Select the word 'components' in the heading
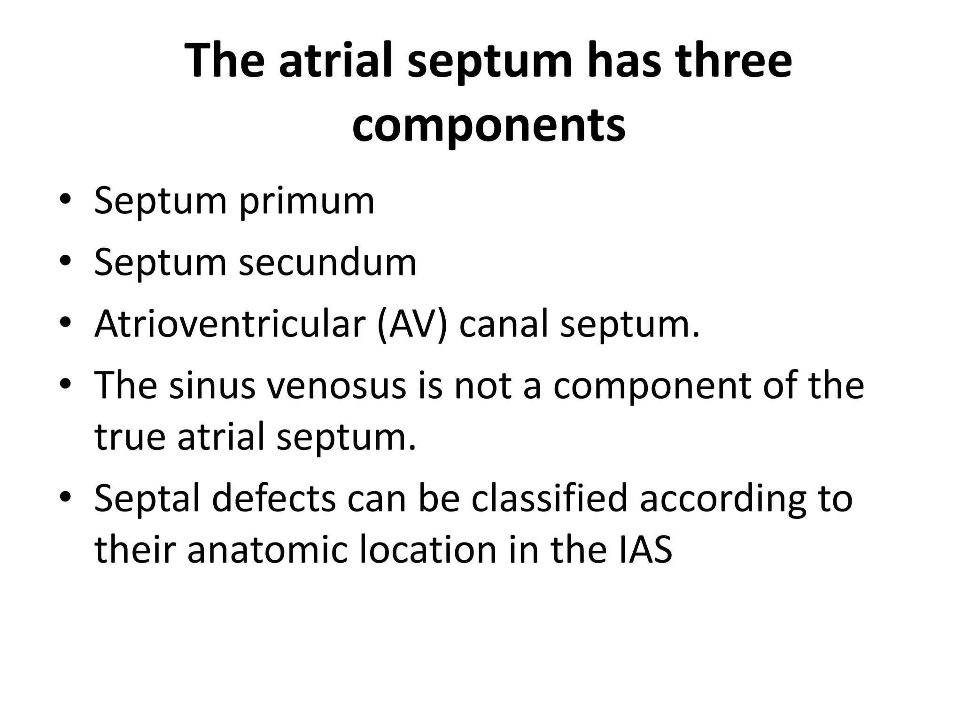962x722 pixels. [489, 125]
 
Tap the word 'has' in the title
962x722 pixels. [621, 61]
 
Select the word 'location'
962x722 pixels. [428, 550]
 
